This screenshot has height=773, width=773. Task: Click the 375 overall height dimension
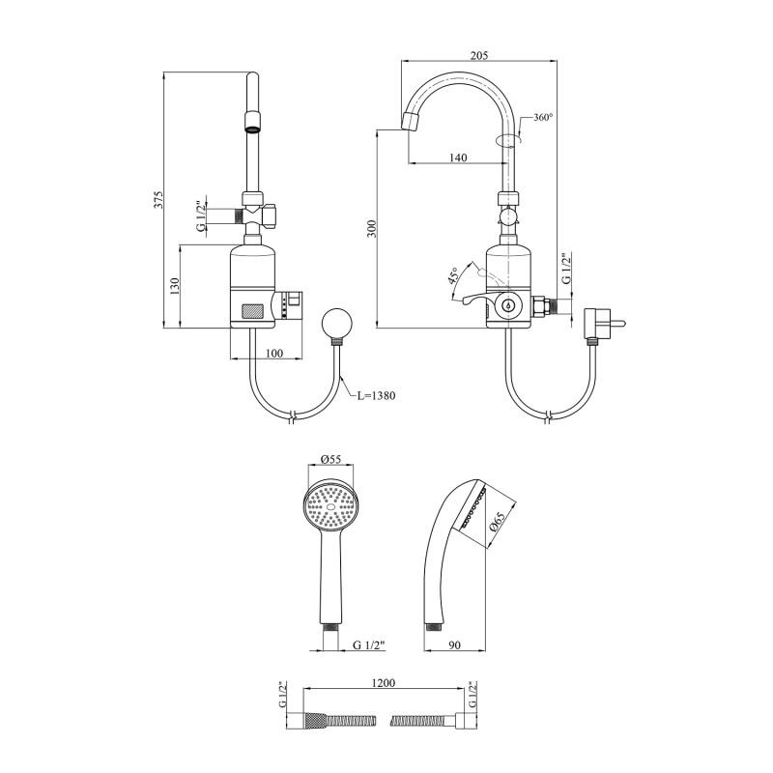point(158,200)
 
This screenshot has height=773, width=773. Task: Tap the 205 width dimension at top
point(478,55)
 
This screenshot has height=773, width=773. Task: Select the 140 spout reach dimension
point(458,157)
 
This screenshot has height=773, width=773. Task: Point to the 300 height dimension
point(372,228)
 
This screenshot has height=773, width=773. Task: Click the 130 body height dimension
point(175,287)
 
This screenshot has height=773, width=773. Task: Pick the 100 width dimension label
point(274,353)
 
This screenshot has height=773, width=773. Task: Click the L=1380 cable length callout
point(376,395)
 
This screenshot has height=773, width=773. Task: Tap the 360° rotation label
point(543,118)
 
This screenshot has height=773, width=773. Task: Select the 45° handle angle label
point(453,275)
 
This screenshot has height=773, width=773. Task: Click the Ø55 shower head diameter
point(330,459)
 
